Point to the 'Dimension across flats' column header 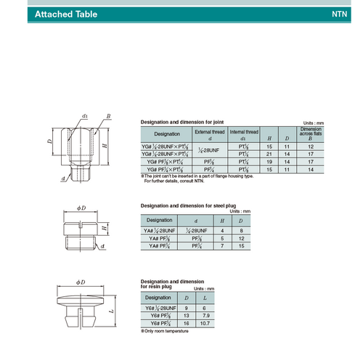click(x=310, y=134)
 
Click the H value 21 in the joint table click(x=270, y=153)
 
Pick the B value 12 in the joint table click(x=310, y=146)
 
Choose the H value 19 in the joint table click(x=270, y=161)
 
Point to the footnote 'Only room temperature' click(x=166, y=331)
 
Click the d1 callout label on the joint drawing click(x=85, y=116)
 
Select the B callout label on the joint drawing click(x=107, y=116)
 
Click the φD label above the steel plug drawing click(x=82, y=208)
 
